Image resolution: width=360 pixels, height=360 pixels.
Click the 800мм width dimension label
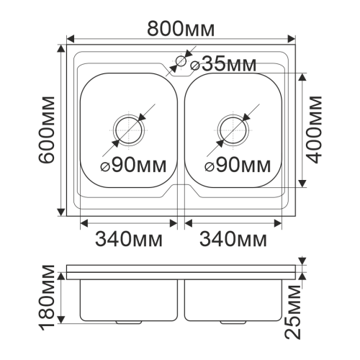coord(181,29)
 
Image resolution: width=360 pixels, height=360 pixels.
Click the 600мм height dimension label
coord(47,130)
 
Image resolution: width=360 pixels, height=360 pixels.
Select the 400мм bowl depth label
coord(314,130)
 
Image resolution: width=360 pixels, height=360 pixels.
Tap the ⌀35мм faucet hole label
coord(223,64)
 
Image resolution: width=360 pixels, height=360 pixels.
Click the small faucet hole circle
coord(181,61)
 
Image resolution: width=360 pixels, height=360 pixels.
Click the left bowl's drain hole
coord(129,130)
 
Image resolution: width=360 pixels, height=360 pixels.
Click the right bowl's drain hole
coord(233,130)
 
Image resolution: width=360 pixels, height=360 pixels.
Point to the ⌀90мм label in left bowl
coord(133,166)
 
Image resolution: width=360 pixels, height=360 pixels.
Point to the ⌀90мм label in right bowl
coord(238,166)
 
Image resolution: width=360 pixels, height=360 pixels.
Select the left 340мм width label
coord(129,239)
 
